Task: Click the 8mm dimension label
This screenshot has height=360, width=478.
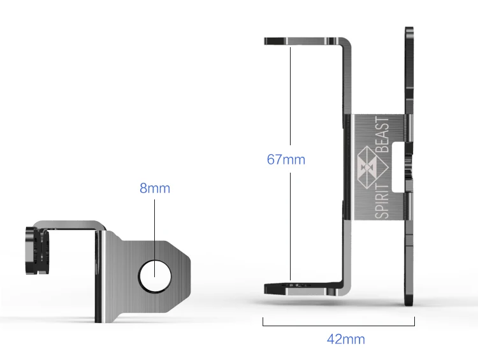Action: coord(155,188)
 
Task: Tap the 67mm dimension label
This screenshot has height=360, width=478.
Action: coord(286,159)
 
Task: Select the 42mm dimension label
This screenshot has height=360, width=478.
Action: coord(345,339)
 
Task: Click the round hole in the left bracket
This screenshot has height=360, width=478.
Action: coord(155,277)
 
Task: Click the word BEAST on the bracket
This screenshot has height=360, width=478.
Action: coord(382,134)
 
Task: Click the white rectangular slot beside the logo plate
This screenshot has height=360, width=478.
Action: coord(398,168)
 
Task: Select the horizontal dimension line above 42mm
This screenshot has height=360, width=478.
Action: coord(338,325)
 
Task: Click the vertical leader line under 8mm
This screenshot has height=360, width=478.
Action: coord(155,238)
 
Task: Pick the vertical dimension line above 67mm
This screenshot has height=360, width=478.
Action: coord(290,96)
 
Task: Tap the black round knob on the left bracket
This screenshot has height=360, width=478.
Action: coord(37,250)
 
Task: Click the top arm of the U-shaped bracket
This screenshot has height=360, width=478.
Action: coord(305,41)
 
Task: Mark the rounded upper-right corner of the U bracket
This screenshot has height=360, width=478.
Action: coord(347,42)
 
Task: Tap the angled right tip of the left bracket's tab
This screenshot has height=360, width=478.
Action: coord(190,264)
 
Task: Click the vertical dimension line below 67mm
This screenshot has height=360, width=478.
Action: coord(290,226)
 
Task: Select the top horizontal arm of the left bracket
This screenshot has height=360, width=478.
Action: coord(70,225)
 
